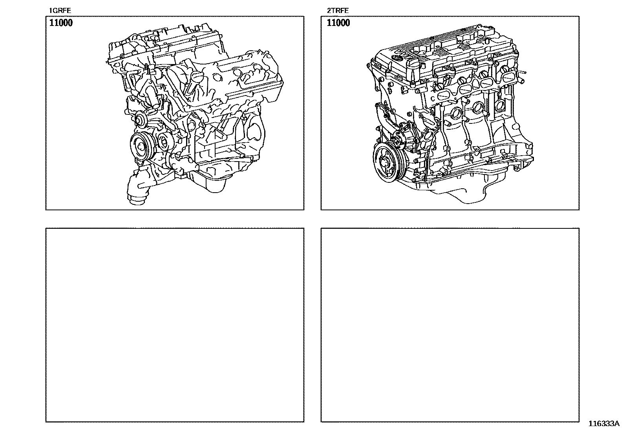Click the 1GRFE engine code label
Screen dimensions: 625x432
[60, 11]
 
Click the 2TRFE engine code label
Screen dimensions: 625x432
[338, 11]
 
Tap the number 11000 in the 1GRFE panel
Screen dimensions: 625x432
[61, 23]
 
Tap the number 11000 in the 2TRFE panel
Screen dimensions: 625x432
[338, 23]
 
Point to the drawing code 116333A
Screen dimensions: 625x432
[604, 424]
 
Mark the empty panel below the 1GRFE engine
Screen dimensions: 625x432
[175, 325]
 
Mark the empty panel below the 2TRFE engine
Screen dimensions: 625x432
[450, 325]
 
